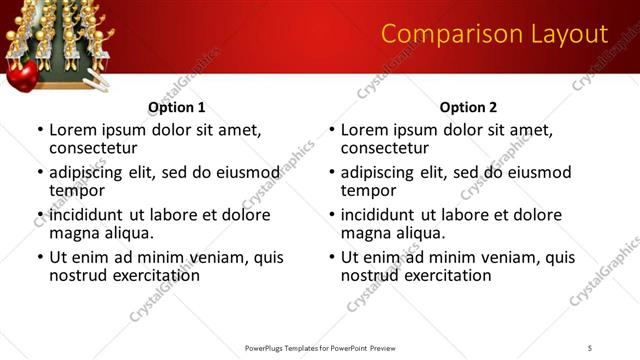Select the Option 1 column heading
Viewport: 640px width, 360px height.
[176, 107]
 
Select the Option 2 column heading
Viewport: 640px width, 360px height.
[468, 107]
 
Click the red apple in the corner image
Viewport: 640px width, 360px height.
[22, 75]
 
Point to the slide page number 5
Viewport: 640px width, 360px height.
[590, 347]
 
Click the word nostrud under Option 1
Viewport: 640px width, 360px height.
[78, 275]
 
